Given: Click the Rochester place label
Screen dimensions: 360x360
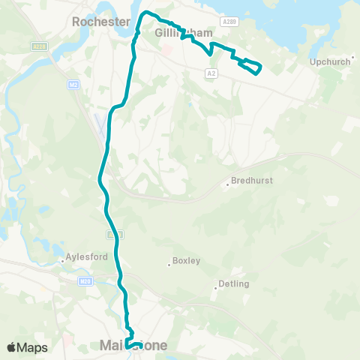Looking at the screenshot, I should pos(101,22).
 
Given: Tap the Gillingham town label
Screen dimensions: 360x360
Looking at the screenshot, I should pos(184,34).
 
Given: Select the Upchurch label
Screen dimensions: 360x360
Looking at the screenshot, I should pos(330,61).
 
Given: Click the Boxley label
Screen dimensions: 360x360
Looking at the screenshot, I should pos(186,261).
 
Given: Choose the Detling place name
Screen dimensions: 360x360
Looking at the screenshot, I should pos(232,284).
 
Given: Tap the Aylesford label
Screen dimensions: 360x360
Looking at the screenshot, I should pos(88,256).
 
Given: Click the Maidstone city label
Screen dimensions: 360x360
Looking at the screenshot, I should pos(133,346).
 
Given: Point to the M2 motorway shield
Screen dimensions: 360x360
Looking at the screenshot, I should pos(73,85).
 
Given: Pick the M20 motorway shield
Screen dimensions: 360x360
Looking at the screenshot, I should pos(85,280).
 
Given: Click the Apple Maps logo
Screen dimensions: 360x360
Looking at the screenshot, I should pos(27,347).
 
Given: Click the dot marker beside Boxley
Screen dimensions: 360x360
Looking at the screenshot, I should pos(169,263).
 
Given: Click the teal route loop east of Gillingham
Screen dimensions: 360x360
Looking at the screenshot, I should pos(251,67).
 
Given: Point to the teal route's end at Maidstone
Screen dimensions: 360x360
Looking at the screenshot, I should pos(127,345).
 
